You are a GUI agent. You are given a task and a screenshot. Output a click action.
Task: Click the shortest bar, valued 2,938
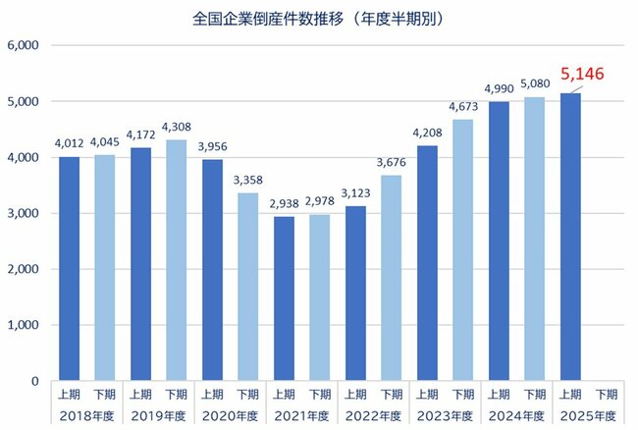(285, 298)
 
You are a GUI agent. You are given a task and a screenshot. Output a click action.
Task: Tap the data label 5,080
(535, 84)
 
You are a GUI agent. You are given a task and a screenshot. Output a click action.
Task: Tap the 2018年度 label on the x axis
(87, 414)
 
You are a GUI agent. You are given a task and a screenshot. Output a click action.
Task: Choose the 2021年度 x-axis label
(301, 414)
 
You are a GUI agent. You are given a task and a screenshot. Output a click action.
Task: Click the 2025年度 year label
(587, 414)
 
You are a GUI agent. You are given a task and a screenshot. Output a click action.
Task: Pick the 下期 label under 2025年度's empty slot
(606, 395)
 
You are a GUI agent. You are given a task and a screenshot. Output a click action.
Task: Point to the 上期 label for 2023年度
(427, 395)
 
